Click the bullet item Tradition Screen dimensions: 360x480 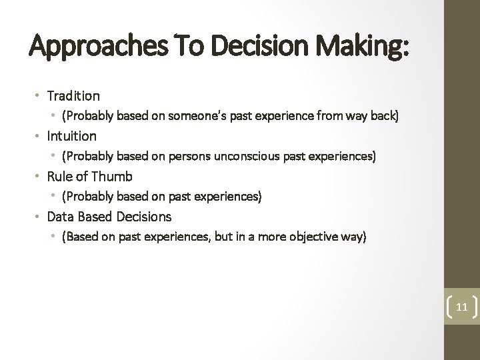(x=73, y=96)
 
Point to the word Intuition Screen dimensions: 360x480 (x=71, y=137)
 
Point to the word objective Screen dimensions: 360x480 (x=308, y=237)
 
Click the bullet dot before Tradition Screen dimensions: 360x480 (x=39, y=97)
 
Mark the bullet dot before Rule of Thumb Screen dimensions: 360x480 (x=39, y=177)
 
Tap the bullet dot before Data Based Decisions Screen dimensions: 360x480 (x=39, y=217)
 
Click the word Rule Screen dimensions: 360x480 (x=59, y=177)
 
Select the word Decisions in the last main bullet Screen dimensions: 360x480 (x=144, y=217)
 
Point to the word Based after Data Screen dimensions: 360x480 (x=95, y=217)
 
